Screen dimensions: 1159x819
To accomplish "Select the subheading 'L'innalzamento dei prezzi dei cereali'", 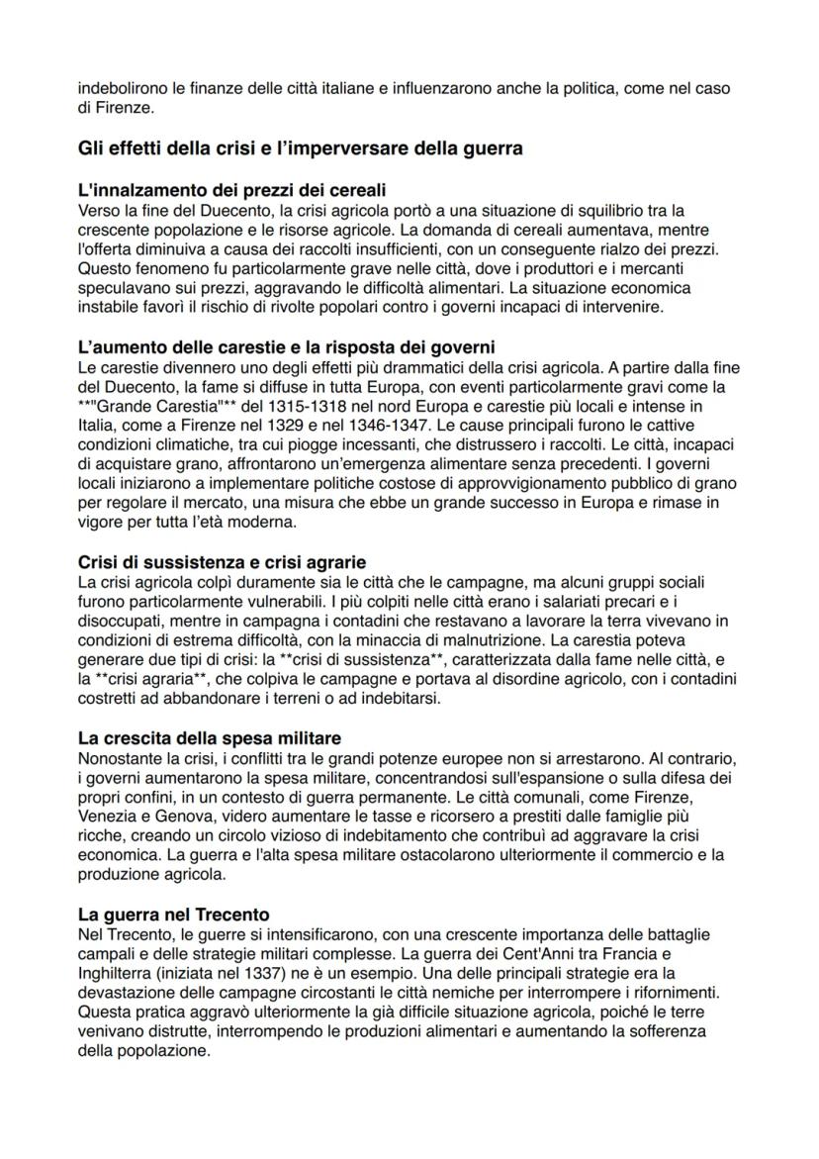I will pyautogui.click(x=230, y=189).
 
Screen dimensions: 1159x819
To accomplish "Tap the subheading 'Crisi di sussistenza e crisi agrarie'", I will pyautogui.click(x=222, y=561).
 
